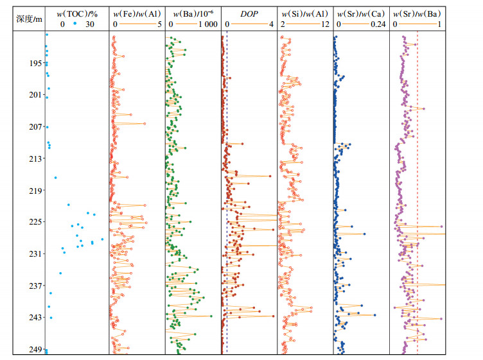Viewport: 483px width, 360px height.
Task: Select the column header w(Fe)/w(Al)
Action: click(x=137, y=13)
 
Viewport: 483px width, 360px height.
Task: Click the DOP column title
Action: click(x=249, y=13)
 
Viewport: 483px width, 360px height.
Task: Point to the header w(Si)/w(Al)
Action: click(x=304, y=13)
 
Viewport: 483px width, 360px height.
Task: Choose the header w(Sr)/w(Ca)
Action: click(x=360, y=13)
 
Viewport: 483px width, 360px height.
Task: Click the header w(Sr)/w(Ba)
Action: click(x=416, y=13)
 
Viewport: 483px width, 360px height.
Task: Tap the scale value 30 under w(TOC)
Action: click(x=91, y=24)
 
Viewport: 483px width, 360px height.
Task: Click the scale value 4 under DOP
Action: click(x=271, y=24)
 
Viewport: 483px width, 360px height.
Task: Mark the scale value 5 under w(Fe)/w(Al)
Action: click(x=159, y=24)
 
